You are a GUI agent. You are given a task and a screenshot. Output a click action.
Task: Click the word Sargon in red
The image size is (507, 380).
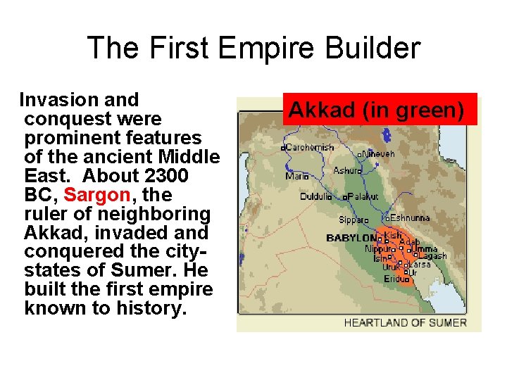[x=96, y=194]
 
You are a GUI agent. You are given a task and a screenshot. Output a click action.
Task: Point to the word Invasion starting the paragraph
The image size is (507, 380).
[x=58, y=100]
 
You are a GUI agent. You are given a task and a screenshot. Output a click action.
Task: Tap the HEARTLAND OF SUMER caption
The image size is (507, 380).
[x=405, y=322]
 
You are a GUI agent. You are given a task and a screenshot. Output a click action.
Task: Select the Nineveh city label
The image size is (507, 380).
[x=378, y=153]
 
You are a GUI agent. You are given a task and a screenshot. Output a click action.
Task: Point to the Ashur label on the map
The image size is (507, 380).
[x=347, y=170]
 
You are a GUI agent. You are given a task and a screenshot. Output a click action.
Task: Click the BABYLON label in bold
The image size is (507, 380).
[x=351, y=238]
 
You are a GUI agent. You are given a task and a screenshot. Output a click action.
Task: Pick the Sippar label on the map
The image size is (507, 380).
[x=353, y=220]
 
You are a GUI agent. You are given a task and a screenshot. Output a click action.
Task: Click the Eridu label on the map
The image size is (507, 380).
[x=395, y=279]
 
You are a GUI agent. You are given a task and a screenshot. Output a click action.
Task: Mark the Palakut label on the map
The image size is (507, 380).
[x=363, y=196]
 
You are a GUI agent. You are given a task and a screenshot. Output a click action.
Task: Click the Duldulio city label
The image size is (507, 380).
[x=315, y=196]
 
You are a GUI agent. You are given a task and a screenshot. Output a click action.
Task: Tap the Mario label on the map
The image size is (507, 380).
[x=296, y=176]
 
